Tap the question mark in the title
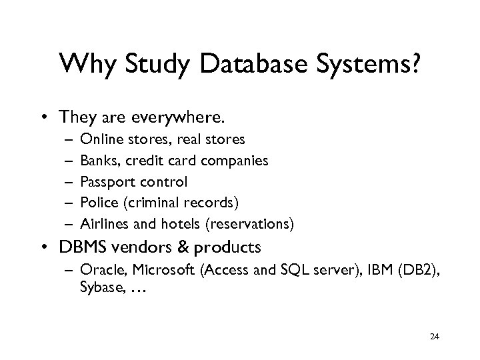click(x=413, y=65)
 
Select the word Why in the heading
click(x=83, y=65)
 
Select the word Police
click(x=97, y=203)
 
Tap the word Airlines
click(x=101, y=223)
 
